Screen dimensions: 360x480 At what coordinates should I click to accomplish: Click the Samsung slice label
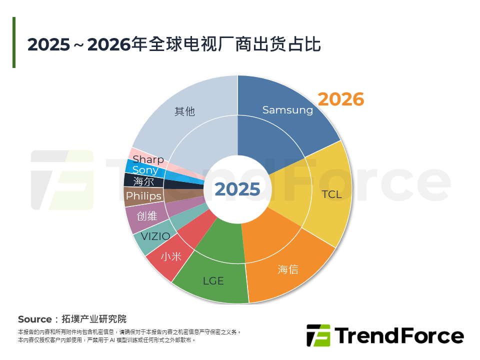click(x=287, y=110)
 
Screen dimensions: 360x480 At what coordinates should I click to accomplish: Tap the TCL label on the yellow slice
click(x=331, y=194)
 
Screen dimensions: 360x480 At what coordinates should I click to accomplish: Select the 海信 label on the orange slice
click(x=288, y=269)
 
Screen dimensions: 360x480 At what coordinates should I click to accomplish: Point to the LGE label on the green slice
click(x=213, y=281)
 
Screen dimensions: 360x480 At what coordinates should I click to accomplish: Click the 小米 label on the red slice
click(x=171, y=256)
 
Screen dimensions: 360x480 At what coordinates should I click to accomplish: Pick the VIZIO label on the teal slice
click(x=155, y=236)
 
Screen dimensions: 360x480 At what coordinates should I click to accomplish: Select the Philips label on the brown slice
click(x=143, y=196)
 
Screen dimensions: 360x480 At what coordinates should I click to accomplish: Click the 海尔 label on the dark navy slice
click(x=143, y=182)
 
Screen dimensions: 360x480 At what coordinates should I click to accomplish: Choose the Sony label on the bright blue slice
click(x=145, y=170)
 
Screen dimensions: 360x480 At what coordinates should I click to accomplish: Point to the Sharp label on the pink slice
click(x=148, y=159)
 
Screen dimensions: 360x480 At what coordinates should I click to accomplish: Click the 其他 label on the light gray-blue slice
click(x=184, y=111)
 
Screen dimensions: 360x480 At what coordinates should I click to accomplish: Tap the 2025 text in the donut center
click(x=237, y=189)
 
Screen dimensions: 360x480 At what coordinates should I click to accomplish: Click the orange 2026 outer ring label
click(x=341, y=99)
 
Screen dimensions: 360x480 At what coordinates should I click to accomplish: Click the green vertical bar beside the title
click(x=14, y=42)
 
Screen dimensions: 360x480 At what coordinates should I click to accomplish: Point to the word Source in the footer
click(x=34, y=319)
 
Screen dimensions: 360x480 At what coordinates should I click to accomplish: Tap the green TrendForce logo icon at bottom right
click(x=318, y=335)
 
